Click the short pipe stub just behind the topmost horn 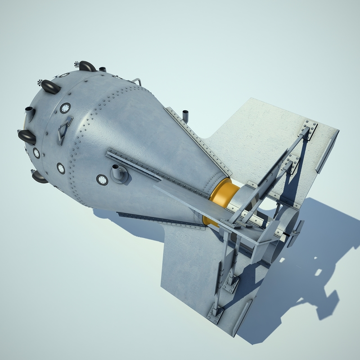[103, 69]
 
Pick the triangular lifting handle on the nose [64, 129]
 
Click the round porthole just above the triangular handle [65, 108]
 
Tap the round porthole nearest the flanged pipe [102, 180]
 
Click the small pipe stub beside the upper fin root [184, 114]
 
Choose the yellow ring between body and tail [220, 198]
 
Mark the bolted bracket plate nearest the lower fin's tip [215, 313]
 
